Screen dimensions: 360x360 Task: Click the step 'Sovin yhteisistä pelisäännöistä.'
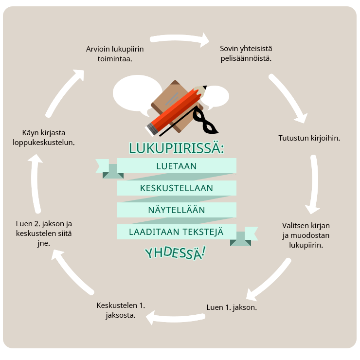(x=246, y=54)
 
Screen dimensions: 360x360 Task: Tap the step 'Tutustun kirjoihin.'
(x=309, y=138)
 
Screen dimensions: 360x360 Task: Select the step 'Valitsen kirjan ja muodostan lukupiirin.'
(x=306, y=235)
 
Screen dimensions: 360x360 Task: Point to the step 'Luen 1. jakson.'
(x=232, y=307)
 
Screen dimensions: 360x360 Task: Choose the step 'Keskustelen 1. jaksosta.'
(x=121, y=310)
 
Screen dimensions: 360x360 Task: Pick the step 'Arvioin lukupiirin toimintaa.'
(x=115, y=54)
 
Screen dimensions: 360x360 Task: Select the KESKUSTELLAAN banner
(x=177, y=188)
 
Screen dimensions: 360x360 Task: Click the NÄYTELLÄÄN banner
(x=177, y=210)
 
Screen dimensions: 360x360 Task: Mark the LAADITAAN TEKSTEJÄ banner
(x=177, y=232)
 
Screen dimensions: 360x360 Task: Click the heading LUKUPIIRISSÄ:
(x=177, y=148)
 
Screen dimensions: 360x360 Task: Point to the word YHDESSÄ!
(x=175, y=252)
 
